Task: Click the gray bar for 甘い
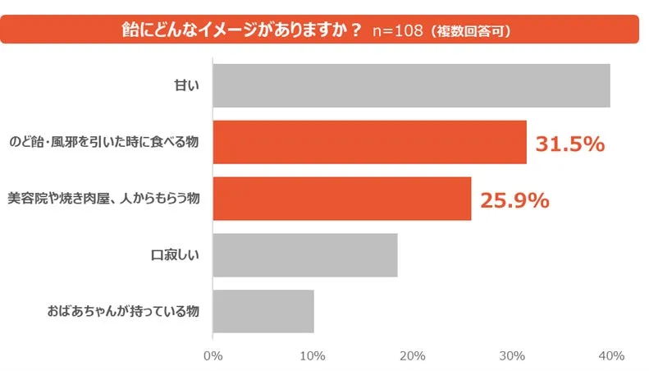pyautogui.click(x=410, y=85)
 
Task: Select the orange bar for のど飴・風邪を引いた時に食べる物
pyautogui.click(x=369, y=142)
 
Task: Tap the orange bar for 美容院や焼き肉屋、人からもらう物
pyautogui.click(x=341, y=199)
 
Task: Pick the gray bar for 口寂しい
pyautogui.click(x=304, y=254)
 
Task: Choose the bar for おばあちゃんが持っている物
pyautogui.click(x=263, y=311)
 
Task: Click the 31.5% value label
pyautogui.click(x=570, y=144)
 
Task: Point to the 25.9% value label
pyautogui.click(x=514, y=199)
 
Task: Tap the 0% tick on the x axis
pyautogui.click(x=213, y=355)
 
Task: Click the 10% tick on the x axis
pyautogui.click(x=312, y=355)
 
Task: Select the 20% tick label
pyautogui.click(x=412, y=355)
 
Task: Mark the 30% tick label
pyautogui.click(x=511, y=355)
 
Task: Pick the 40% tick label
pyautogui.click(x=610, y=355)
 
